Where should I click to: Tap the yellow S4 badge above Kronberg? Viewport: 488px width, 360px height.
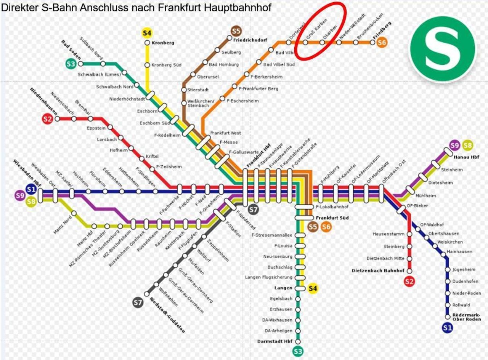(147, 33)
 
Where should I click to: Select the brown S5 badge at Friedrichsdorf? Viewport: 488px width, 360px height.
(236, 31)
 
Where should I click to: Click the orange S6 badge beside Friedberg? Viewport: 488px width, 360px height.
(382, 42)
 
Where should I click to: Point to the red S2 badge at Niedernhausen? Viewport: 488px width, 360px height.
(47, 119)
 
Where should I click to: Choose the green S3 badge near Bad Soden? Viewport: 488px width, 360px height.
(71, 64)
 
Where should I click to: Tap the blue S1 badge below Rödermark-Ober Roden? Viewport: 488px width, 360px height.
(447, 327)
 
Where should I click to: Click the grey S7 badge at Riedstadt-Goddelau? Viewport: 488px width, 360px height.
(138, 303)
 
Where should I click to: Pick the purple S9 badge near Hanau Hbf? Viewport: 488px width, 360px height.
(454, 145)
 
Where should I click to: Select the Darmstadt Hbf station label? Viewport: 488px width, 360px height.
(275, 341)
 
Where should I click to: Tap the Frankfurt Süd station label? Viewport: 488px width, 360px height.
(332, 218)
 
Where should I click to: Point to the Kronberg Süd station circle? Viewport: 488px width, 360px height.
(147, 65)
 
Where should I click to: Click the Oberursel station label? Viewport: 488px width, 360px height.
(208, 77)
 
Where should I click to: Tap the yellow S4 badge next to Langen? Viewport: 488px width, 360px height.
(313, 288)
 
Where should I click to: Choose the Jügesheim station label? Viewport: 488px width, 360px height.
(464, 270)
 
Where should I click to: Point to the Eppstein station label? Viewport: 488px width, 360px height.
(96, 128)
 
